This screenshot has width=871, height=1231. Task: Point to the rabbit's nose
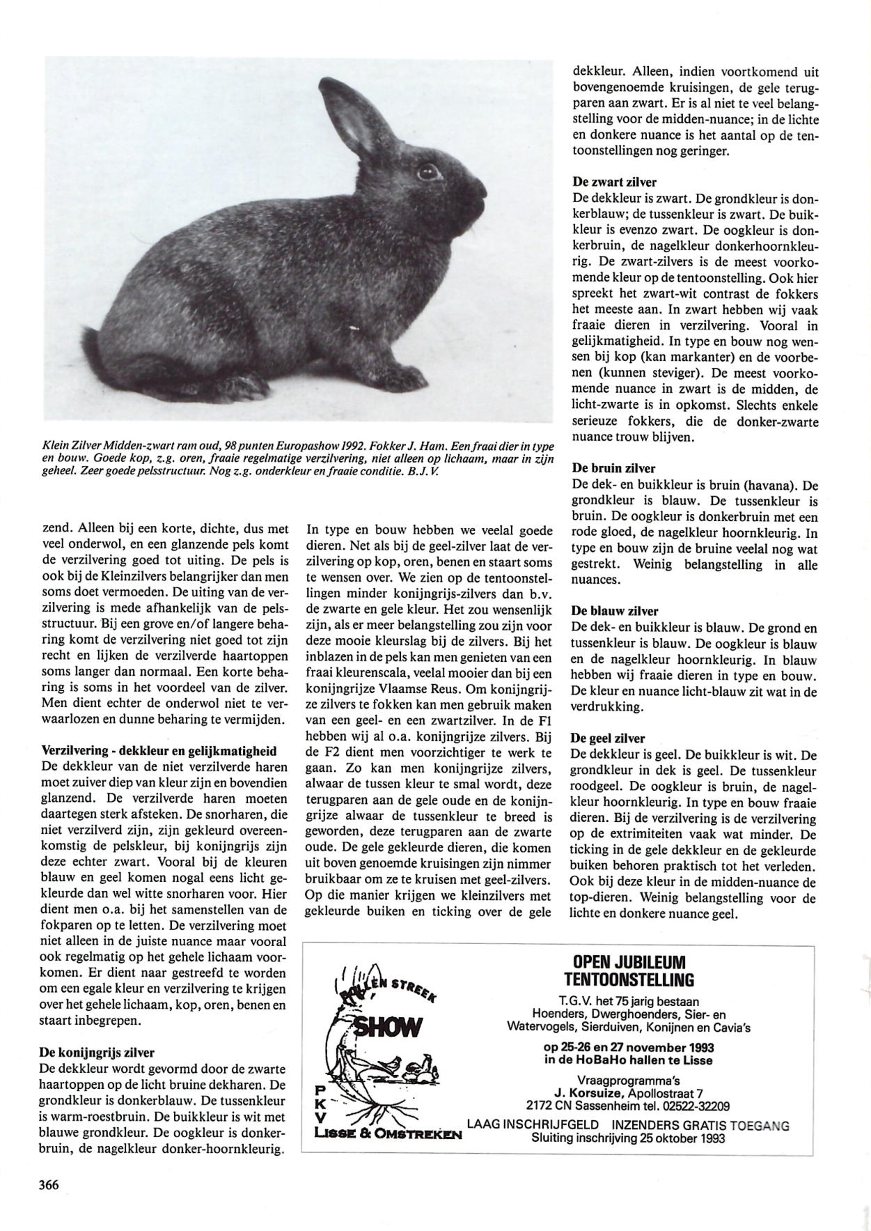(x=482, y=187)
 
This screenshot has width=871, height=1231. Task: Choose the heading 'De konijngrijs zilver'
(x=97, y=1052)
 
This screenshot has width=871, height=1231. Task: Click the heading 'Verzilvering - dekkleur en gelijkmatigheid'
(x=159, y=751)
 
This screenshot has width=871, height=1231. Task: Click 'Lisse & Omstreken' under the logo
(x=388, y=1134)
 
